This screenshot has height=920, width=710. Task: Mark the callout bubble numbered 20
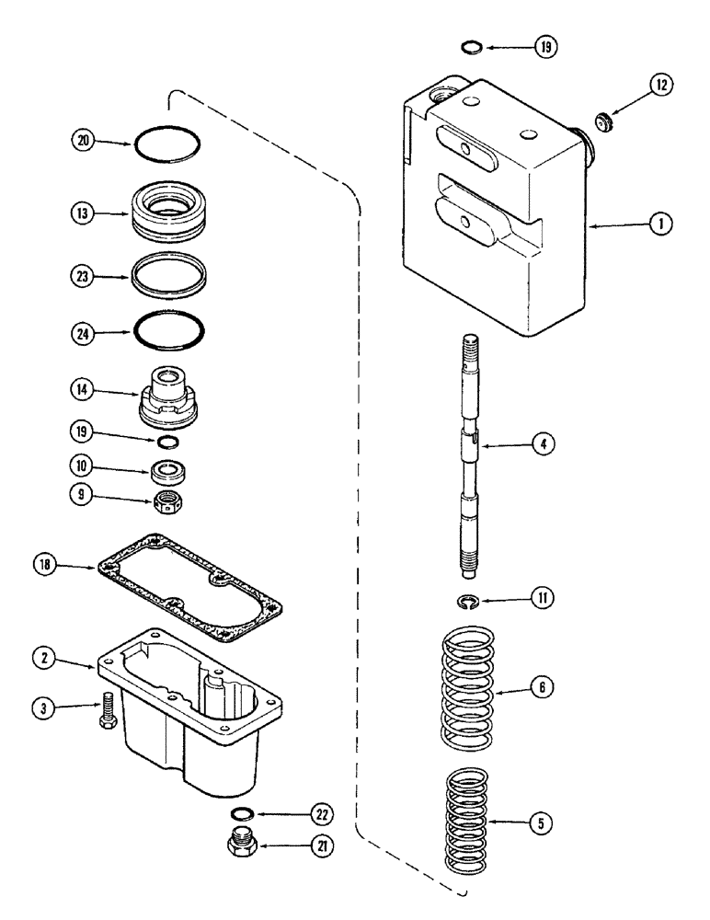point(83,142)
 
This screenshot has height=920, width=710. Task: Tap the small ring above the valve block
point(469,46)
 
